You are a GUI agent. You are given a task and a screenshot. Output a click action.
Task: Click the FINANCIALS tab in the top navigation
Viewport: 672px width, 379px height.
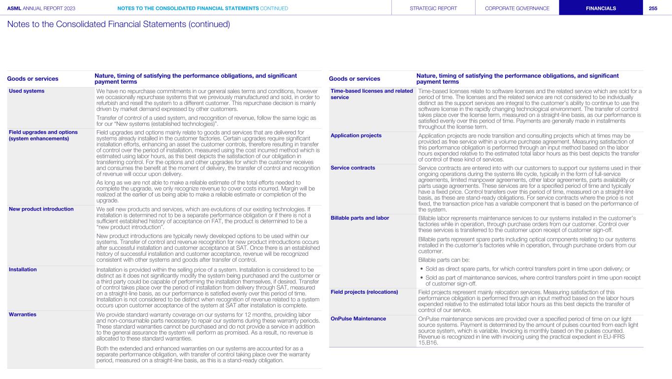point(601,8)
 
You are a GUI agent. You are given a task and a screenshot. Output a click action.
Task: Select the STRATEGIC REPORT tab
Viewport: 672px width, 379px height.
point(433,8)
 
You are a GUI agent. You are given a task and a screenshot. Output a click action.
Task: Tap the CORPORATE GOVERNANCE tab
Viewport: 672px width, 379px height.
point(517,8)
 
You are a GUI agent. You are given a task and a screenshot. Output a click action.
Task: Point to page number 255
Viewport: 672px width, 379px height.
point(653,8)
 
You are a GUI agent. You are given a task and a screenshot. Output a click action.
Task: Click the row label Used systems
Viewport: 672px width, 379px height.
point(27,91)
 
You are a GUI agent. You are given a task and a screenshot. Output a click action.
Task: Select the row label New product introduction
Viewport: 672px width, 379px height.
point(41,209)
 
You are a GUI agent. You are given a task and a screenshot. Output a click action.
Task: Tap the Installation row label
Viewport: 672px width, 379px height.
point(23,270)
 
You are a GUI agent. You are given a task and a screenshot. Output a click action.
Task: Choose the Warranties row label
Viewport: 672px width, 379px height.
point(23,314)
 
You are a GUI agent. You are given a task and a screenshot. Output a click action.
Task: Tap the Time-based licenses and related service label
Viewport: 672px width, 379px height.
point(372,94)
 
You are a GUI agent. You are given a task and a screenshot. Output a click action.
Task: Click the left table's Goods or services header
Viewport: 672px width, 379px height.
point(32,79)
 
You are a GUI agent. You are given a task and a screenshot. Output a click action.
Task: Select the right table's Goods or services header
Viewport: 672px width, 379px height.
point(354,79)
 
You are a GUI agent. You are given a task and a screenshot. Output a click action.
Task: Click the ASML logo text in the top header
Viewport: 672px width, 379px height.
point(14,8)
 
